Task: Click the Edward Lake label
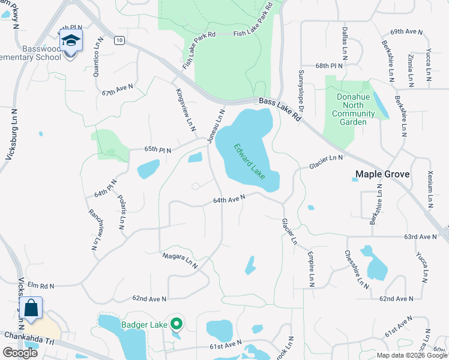click(250, 161)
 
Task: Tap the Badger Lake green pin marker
click(176, 324)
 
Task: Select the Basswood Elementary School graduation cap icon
click(71, 42)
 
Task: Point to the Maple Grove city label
click(382, 175)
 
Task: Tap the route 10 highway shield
click(120, 40)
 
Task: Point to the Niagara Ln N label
click(180, 259)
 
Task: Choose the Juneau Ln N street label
click(216, 126)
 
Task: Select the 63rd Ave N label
click(419, 237)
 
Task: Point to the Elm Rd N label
click(40, 286)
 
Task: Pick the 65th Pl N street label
click(157, 149)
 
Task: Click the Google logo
click(20, 352)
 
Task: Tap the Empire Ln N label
click(311, 268)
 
